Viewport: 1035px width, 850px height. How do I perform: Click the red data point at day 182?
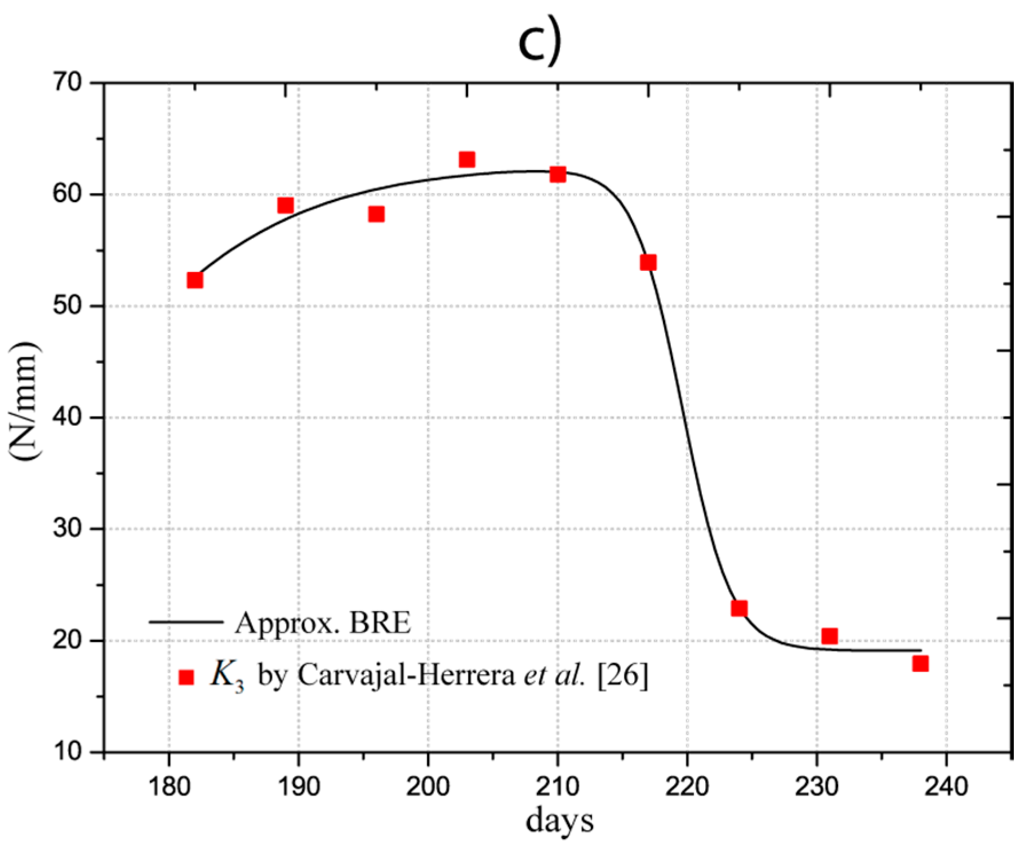(x=195, y=280)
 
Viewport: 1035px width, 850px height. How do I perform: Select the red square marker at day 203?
(x=467, y=159)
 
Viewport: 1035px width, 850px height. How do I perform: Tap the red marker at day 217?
(x=648, y=262)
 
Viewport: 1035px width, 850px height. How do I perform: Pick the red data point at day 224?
(x=739, y=608)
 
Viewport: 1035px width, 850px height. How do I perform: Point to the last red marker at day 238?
(x=921, y=663)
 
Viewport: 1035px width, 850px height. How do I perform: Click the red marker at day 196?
(x=376, y=214)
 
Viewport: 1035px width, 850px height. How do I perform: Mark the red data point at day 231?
(x=829, y=636)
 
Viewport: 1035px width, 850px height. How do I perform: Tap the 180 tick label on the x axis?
(x=169, y=786)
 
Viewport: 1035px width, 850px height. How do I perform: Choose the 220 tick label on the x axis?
(x=687, y=786)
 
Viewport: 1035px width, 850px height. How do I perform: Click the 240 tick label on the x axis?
(x=946, y=786)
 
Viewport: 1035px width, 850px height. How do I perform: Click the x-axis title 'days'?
(x=559, y=821)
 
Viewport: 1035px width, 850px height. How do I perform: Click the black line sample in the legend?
(x=186, y=621)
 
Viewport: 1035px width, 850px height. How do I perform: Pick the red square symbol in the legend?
(x=186, y=677)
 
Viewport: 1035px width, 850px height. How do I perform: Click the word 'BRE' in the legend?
(x=380, y=623)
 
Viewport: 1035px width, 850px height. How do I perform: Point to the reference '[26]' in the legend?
(x=623, y=676)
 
